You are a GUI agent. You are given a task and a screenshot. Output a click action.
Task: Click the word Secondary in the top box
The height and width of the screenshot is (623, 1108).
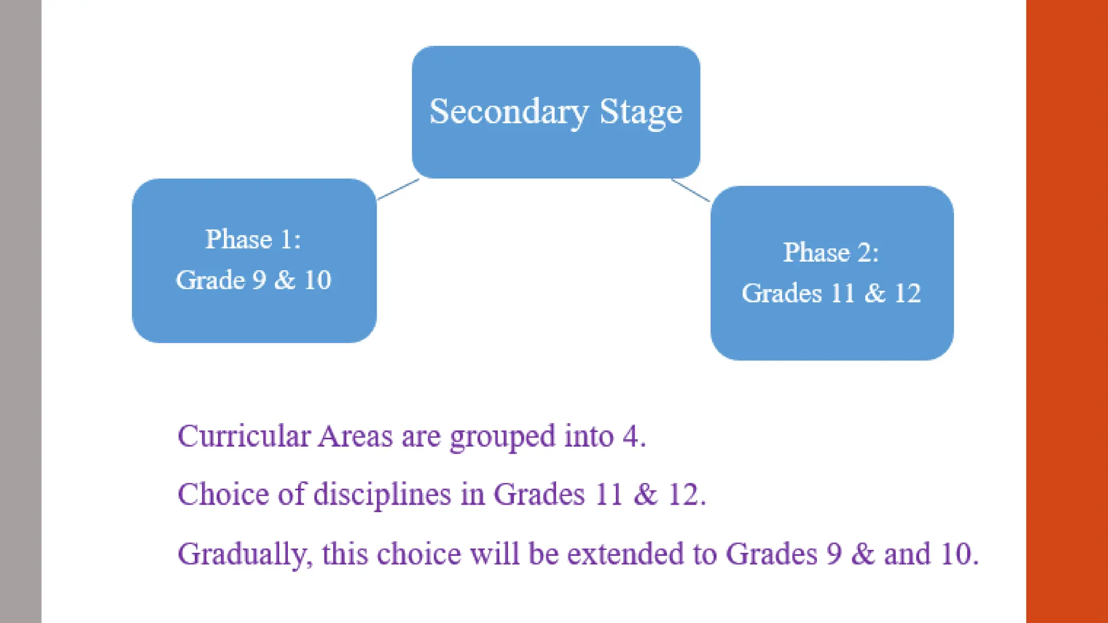click(x=509, y=112)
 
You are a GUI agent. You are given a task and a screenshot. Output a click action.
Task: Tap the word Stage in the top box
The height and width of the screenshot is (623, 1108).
click(x=641, y=112)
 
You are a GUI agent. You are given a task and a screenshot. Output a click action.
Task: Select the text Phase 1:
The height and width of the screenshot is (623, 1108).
click(x=253, y=239)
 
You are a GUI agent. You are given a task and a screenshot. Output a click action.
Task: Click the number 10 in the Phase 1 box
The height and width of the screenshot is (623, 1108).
click(x=318, y=280)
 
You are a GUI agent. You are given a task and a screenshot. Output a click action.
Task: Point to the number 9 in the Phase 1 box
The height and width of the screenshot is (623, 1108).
click(x=260, y=280)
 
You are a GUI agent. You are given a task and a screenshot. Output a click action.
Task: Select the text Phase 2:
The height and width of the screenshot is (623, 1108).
click(x=831, y=252)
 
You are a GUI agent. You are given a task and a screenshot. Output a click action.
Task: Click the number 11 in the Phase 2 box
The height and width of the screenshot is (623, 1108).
click(x=842, y=293)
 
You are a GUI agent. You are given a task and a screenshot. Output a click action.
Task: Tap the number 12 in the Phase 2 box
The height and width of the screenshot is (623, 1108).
click(x=907, y=293)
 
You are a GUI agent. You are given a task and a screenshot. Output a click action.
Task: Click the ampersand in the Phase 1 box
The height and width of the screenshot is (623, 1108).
click(x=285, y=280)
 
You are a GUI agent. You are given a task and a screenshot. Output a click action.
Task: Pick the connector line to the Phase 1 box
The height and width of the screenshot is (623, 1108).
click(x=398, y=190)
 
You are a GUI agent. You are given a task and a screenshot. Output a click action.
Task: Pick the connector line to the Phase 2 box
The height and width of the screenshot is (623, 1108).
click(x=691, y=190)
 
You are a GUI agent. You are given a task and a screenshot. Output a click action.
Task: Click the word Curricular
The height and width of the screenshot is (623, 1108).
click(x=244, y=436)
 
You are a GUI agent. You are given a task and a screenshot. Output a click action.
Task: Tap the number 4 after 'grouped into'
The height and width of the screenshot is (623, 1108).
click(x=630, y=436)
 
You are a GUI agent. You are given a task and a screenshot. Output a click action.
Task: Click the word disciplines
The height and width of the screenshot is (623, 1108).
click(x=382, y=494)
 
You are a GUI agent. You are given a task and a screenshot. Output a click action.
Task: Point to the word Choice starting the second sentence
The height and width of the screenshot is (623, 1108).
click(x=223, y=494)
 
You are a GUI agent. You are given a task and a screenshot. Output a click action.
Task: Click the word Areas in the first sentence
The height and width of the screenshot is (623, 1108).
click(x=355, y=436)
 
